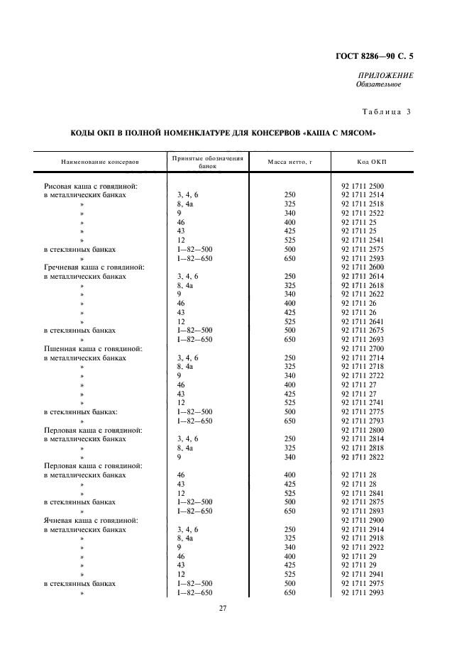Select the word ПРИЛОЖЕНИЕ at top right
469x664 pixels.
click(387, 75)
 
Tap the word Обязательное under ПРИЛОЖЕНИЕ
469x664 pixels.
click(378, 84)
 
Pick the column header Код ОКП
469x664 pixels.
click(373, 162)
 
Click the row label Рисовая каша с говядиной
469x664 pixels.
click(90, 186)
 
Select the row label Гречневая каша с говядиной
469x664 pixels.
click(94, 267)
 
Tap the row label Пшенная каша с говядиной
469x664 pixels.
click(93, 348)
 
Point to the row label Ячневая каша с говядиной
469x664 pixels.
click(91, 520)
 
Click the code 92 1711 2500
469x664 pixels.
click(363, 186)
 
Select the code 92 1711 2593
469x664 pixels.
click(363, 258)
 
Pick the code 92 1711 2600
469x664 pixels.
click(363, 267)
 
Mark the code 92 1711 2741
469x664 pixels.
click(363, 403)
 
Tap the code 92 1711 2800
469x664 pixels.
click(363, 430)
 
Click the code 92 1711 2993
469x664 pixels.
click(363, 592)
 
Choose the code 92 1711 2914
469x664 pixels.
click(363, 529)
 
